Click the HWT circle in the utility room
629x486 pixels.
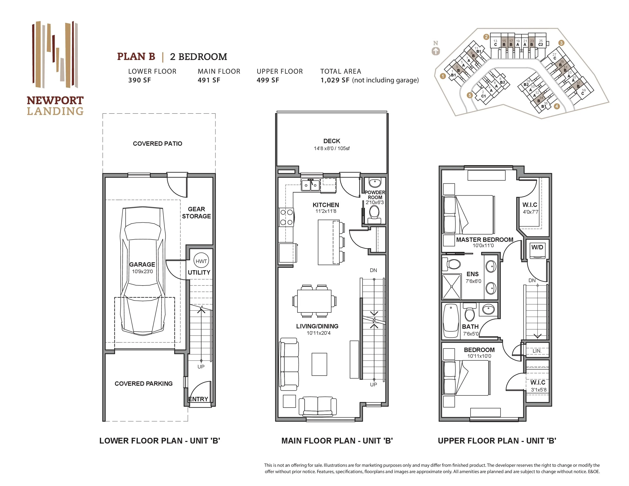tap(201, 261)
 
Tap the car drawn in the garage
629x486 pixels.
tap(143, 271)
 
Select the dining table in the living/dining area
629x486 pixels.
tap(314, 301)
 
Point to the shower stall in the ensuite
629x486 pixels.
tap(452, 287)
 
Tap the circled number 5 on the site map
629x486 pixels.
tap(470, 95)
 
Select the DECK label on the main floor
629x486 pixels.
tap(332, 141)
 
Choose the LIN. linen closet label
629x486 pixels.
tap(537, 351)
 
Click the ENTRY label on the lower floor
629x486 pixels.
tap(198, 399)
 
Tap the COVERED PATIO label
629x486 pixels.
tap(158, 144)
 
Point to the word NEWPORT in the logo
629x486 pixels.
tap(55, 100)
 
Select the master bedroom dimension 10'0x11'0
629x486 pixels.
tap(483, 246)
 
